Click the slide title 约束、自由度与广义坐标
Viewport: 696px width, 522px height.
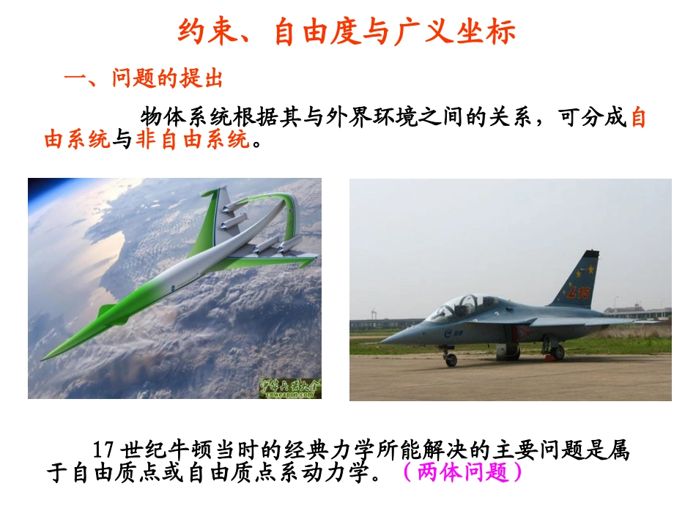pos(347,32)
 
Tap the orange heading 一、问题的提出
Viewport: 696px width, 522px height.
pos(144,79)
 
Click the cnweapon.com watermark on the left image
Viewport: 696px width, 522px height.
pos(289,389)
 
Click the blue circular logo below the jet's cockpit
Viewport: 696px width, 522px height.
pos(448,331)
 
